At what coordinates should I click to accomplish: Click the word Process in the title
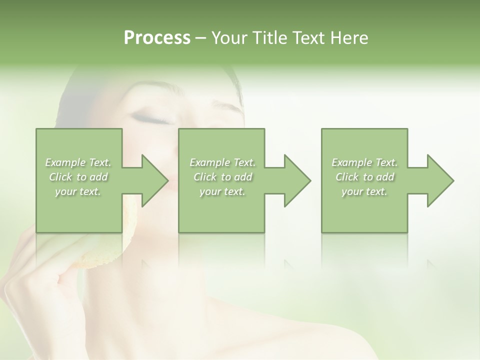[x=157, y=38]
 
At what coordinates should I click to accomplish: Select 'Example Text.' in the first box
[x=78, y=162]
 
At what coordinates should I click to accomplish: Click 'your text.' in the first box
[x=78, y=191]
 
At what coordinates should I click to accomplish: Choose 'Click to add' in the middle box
[x=222, y=177]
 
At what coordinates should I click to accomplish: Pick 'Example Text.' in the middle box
[x=222, y=162]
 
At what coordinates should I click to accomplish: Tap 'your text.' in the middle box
[x=222, y=191]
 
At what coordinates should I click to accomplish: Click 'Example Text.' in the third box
[x=364, y=162]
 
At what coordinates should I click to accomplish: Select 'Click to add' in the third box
[x=364, y=177]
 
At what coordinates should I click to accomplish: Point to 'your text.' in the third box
[x=364, y=191]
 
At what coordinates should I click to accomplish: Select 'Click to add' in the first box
[x=78, y=177]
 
